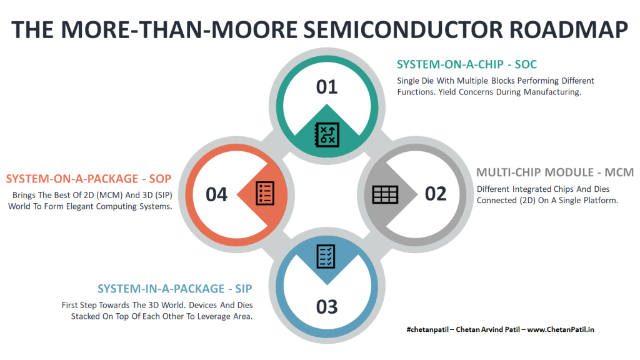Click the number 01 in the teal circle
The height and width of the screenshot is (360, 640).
[327, 87]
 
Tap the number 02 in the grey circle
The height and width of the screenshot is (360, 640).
[436, 194]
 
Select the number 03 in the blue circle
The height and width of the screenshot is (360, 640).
[327, 307]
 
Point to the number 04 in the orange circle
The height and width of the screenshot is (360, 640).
[216, 195]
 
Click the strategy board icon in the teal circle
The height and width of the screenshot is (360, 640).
[327, 134]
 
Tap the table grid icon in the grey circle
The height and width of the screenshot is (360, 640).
[385, 195]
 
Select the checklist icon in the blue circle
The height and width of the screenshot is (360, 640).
[326, 256]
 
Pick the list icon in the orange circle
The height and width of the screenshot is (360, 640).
[265, 193]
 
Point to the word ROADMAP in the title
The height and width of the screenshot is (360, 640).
[569, 30]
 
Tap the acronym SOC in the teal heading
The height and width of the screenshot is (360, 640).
[526, 64]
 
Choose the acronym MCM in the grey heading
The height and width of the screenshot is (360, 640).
[619, 172]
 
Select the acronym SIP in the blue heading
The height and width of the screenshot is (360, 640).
[244, 289]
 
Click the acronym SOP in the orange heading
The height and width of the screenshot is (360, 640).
[160, 179]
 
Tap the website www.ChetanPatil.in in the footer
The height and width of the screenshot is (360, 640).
[561, 329]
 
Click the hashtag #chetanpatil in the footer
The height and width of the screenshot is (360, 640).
[427, 329]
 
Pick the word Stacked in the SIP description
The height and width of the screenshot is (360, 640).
[85, 316]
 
